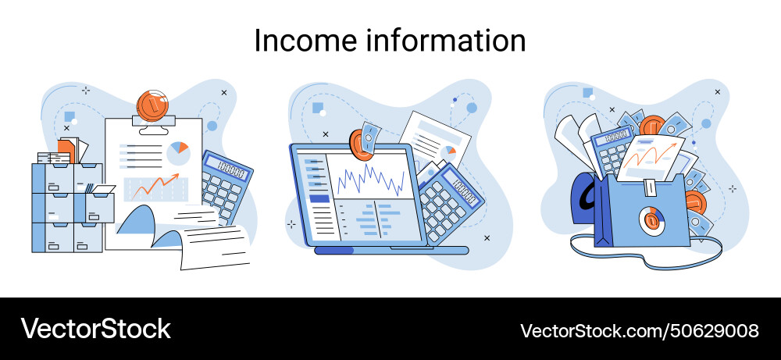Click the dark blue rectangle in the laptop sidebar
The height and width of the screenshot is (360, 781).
pyautogui.click(x=319, y=198)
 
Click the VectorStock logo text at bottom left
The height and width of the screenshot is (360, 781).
pyautogui.click(x=95, y=328)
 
